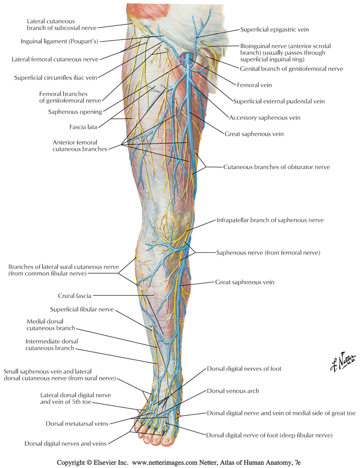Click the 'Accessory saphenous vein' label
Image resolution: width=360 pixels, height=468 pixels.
pos(265,118)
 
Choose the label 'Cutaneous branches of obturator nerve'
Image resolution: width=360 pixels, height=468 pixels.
pos(277,167)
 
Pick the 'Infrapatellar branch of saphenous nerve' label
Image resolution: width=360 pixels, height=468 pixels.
pos(270,220)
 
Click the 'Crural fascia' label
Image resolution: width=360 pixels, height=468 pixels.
pos(75,296)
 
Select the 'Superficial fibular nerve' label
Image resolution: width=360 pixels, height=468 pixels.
pos(82,309)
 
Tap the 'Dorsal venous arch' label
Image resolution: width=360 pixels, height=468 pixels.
pos(233,391)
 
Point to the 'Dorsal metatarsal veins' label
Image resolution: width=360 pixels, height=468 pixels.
pos(76,424)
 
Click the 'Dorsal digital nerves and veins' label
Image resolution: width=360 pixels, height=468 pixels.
pos(66,444)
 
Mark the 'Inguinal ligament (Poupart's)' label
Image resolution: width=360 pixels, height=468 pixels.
pos(59,41)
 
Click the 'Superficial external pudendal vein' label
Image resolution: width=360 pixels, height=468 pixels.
pos(279,102)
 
